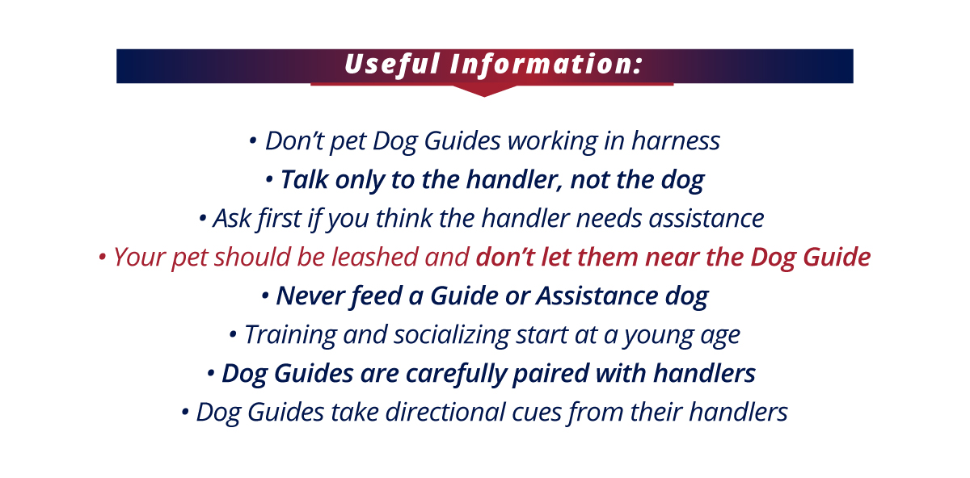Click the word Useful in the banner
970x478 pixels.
click(392, 65)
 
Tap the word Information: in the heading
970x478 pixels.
click(546, 65)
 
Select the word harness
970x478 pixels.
click(676, 141)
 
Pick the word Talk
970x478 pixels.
click(305, 179)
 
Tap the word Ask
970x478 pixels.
click(232, 218)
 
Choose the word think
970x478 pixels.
click(404, 218)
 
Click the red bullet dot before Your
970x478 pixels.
click(102, 258)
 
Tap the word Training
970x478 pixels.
click(290, 335)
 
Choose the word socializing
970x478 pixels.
click(452, 335)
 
